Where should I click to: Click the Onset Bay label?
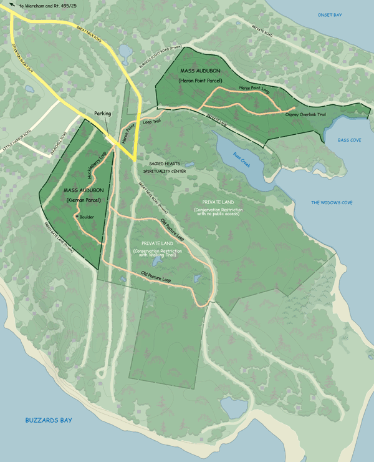click(x=330, y=14)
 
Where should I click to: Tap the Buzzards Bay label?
click(x=49, y=420)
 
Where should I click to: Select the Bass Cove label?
click(x=349, y=140)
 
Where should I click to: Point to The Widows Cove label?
click(x=332, y=203)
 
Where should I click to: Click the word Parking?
click(x=103, y=114)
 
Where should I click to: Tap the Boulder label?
click(x=87, y=217)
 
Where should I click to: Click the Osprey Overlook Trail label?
click(x=305, y=114)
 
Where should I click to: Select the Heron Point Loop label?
click(x=254, y=89)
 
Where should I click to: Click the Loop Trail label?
click(x=151, y=122)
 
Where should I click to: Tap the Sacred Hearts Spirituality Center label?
click(x=164, y=167)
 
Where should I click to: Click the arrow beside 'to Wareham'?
click(x=13, y=6)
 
